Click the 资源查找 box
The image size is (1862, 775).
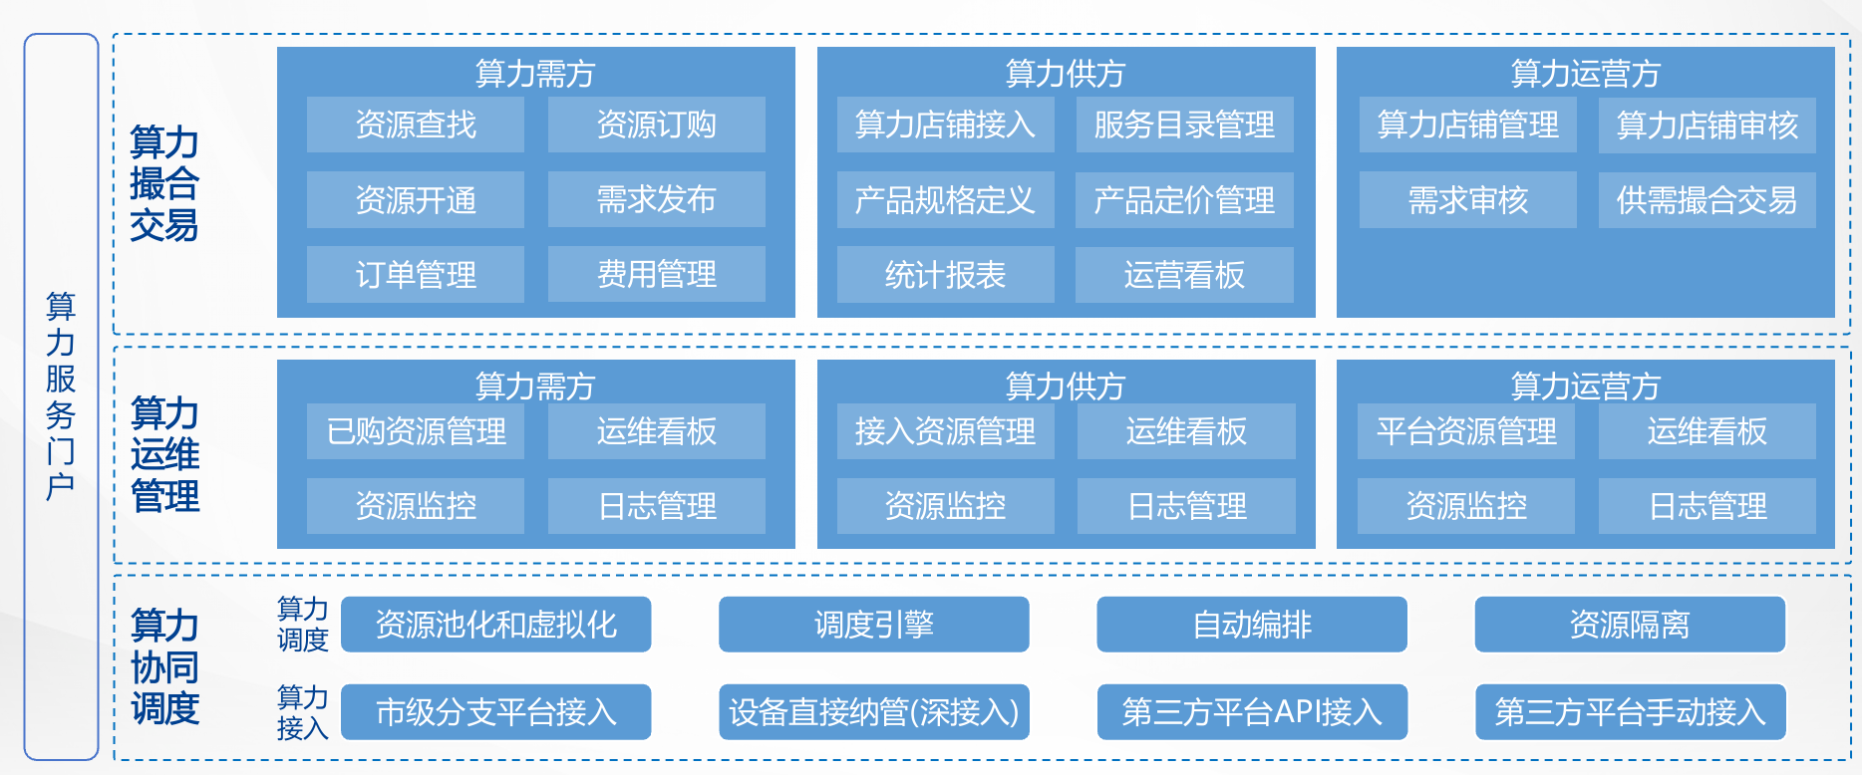click(x=416, y=125)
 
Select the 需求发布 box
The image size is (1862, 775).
click(x=657, y=199)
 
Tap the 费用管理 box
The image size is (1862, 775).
click(x=657, y=274)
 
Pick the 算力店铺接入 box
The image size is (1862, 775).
click(x=946, y=125)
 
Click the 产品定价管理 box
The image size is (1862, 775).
click(x=1185, y=199)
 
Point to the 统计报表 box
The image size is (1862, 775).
click(x=946, y=274)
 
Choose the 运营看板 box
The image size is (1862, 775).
click(x=1185, y=274)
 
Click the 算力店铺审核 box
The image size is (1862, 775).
click(x=1707, y=125)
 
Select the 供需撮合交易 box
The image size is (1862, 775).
click(x=1707, y=199)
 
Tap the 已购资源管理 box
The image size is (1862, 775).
click(x=416, y=431)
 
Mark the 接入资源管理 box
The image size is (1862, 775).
click(x=946, y=431)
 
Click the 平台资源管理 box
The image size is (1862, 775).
click(x=1466, y=431)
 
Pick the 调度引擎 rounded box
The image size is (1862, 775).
click(x=874, y=625)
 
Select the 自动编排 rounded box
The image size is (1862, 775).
click(x=1252, y=625)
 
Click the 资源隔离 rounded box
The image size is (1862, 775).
click(x=1630, y=625)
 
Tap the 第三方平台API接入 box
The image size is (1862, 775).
click(x=1252, y=712)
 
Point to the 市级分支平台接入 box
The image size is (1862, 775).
click(x=496, y=712)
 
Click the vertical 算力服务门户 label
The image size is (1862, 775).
click(x=61, y=396)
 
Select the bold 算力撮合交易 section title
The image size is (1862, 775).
click(x=164, y=184)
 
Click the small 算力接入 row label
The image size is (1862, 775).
click(x=302, y=712)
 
